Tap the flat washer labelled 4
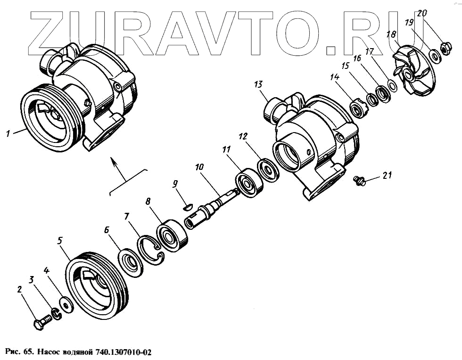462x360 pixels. click(67, 304)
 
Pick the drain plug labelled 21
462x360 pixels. click(360, 180)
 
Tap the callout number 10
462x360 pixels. click(198, 167)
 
